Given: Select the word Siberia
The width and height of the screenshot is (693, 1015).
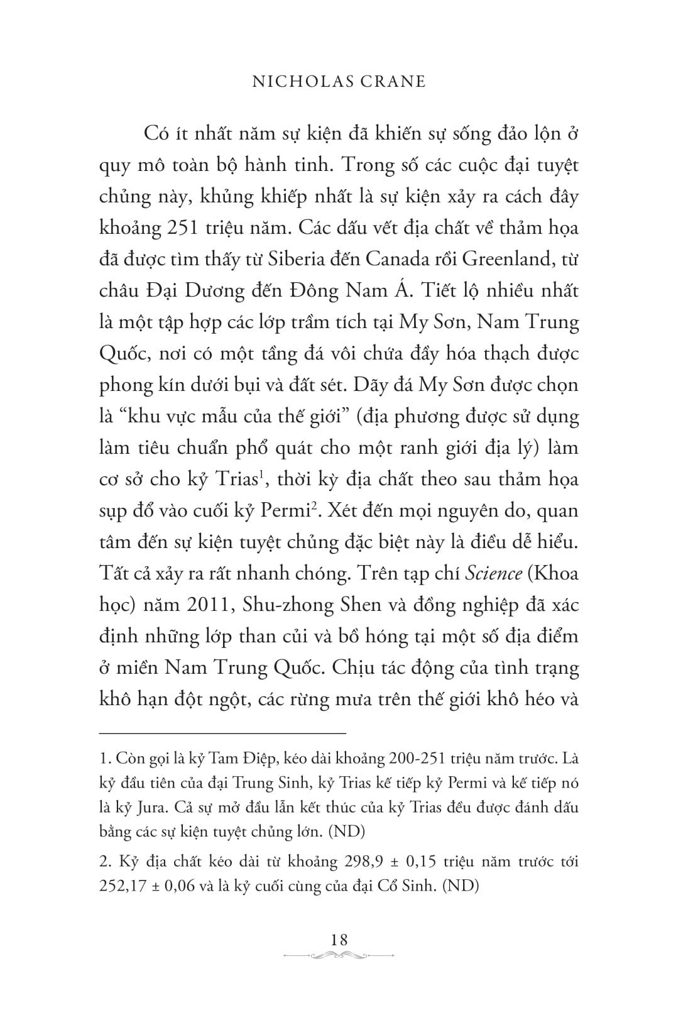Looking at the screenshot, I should point(310,259).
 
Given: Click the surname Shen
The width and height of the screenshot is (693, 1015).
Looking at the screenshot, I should point(360,605).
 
